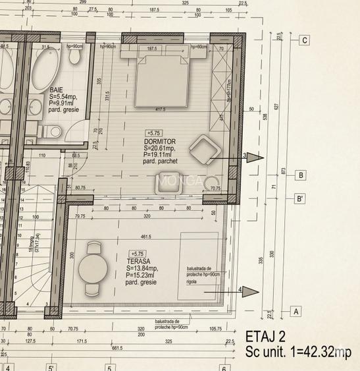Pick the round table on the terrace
[92, 269]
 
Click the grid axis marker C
[304, 40]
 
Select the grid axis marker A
[296, 311]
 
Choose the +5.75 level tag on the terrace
[138, 254]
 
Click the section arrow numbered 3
[245, 157]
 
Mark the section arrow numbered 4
[241, 290]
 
